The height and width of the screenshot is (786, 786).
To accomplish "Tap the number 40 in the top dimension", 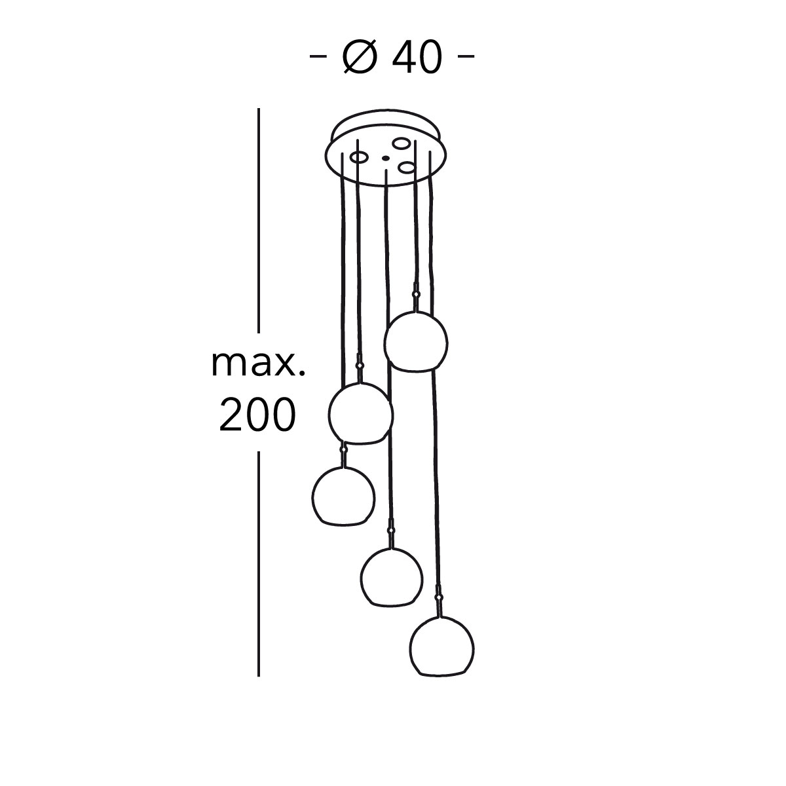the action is [x=417, y=58].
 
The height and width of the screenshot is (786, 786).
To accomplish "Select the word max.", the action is [x=258, y=364].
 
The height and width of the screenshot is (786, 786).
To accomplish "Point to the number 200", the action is [x=257, y=415].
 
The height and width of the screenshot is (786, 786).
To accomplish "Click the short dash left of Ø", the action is [x=318, y=56].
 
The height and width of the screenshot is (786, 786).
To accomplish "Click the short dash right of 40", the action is [x=466, y=56].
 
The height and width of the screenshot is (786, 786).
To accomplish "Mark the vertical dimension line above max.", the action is [x=259, y=221].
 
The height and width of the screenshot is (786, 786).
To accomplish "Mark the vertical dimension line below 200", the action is [x=259, y=564].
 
